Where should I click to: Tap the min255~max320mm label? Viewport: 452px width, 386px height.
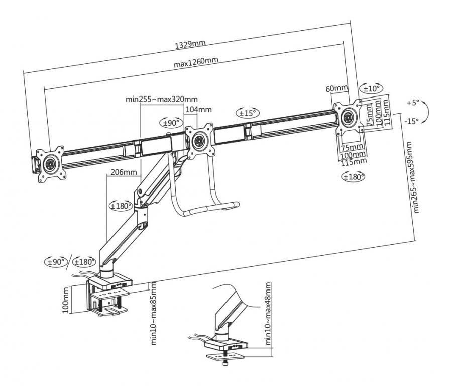coord(161,99)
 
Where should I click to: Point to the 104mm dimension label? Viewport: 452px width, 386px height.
coord(198,109)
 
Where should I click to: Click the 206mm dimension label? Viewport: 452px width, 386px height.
coord(123,172)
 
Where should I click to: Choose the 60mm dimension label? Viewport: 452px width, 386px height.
coord(336,89)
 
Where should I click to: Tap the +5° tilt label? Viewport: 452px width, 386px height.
coord(412,102)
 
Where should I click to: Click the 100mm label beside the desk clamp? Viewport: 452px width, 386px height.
coord(66,301)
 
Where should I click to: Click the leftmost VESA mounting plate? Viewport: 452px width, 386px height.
coord(50,163)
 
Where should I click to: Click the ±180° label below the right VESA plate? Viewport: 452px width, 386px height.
coord(353,176)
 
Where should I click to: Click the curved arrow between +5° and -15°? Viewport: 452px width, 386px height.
coord(424,112)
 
